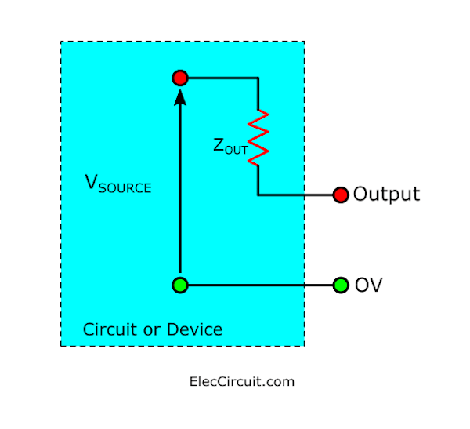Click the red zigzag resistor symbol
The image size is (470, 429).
click(258, 137)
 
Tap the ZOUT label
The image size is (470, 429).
click(230, 147)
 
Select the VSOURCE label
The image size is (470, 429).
click(118, 184)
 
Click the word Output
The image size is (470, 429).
click(386, 195)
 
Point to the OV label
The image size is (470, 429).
click(368, 285)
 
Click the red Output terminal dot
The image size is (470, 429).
click(341, 195)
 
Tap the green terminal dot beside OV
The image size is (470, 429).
click(341, 285)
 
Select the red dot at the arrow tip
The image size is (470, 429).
click(180, 78)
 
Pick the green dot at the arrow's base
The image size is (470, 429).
click(180, 285)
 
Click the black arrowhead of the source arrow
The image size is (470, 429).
click(180, 97)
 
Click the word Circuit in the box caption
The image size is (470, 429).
click(110, 329)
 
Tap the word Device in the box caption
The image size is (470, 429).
click(194, 329)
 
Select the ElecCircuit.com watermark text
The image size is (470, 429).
click(242, 382)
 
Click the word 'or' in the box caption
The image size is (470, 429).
click(152, 331)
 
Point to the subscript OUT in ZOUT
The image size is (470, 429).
click(237, 150)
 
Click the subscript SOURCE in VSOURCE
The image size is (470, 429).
click(125, 188)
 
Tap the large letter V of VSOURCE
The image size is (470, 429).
click(91, 182)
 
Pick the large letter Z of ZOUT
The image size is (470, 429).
click(219, 145)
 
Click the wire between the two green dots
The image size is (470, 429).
click(261, 285)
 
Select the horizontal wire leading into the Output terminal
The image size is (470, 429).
click(295, 195)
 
